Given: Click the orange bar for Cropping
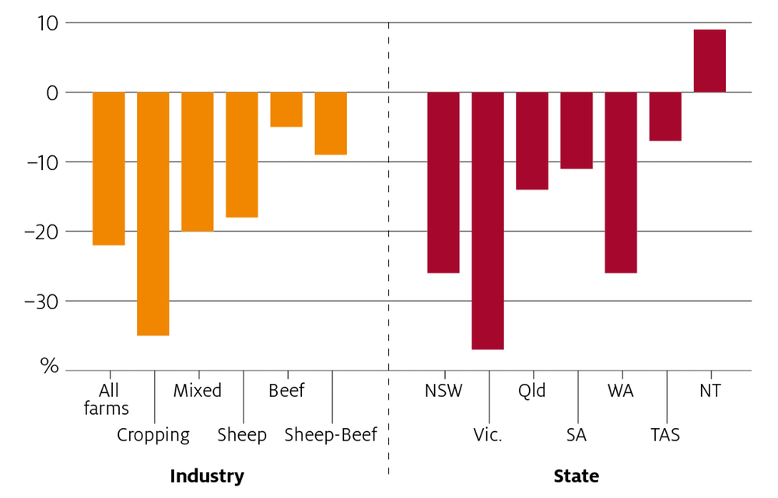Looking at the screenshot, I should point(153,214).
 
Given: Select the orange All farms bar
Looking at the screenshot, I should point(109,169).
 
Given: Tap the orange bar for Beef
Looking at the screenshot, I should point(286,110).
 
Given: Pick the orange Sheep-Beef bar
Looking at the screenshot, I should point(331,124).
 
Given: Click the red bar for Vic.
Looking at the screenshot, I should point(488,221).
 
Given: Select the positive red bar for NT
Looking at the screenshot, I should point(710,61).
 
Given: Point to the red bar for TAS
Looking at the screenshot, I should point(665,117).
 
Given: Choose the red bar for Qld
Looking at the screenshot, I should point(532,141).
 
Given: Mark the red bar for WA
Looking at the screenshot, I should point(621,183).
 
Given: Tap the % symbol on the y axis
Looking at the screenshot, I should point(49,367).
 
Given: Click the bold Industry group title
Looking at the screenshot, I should point(207,476).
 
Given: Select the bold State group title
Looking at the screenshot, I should point(576,476).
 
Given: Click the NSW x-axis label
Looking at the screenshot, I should point(443,391).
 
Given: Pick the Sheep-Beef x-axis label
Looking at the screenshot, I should point(331,435).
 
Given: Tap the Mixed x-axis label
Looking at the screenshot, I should point(198,391).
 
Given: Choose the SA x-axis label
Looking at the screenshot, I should point(576,435).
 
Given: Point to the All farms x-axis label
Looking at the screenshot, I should point(107,399).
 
